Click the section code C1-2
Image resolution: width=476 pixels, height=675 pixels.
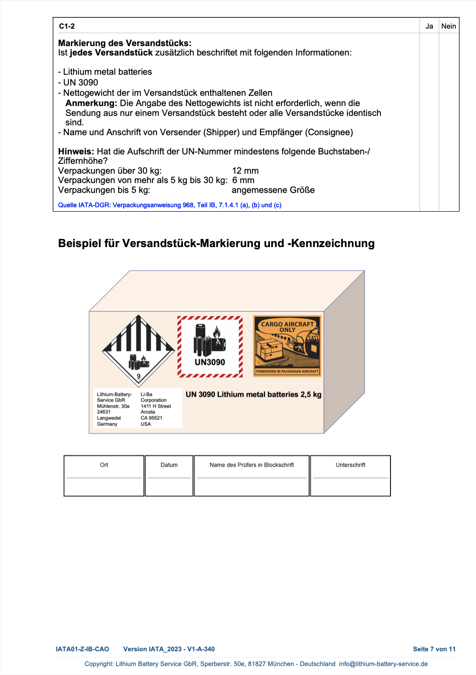(x=67, y=26)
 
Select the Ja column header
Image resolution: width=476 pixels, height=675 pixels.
(x=429, y=26)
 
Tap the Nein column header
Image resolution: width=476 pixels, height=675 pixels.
(x=448, y=26)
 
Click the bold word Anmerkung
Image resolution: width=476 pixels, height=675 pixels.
(x=91, y=103)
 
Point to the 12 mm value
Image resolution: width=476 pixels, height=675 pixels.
(x=245, y=171)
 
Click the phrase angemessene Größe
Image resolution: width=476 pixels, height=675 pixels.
(x=273, y=190)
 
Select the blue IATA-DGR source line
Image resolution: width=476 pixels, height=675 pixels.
(x=170, y=205)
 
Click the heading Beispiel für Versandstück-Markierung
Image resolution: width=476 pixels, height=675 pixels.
(x=216, y=243)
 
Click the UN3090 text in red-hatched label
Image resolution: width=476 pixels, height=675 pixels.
(x=210, y=362)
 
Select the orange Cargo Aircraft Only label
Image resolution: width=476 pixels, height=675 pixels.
(x=287, y=346)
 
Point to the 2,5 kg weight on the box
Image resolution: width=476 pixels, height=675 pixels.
(x=311, y=394)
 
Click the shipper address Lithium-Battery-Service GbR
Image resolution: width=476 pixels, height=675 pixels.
(x=114, y=409)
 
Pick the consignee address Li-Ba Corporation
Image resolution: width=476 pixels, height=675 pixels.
(x=155, y=409)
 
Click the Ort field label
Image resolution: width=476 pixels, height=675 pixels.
(x=104, y=465)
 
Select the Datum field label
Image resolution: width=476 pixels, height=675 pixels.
(x=169, y=465)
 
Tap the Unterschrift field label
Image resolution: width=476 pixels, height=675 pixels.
(x=350, y=465)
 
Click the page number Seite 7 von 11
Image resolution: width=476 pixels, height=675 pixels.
(x=434, y=649)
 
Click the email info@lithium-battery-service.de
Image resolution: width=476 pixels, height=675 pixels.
(x=383, y=664)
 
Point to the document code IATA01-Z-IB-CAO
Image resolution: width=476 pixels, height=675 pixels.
(x=82, y=649)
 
